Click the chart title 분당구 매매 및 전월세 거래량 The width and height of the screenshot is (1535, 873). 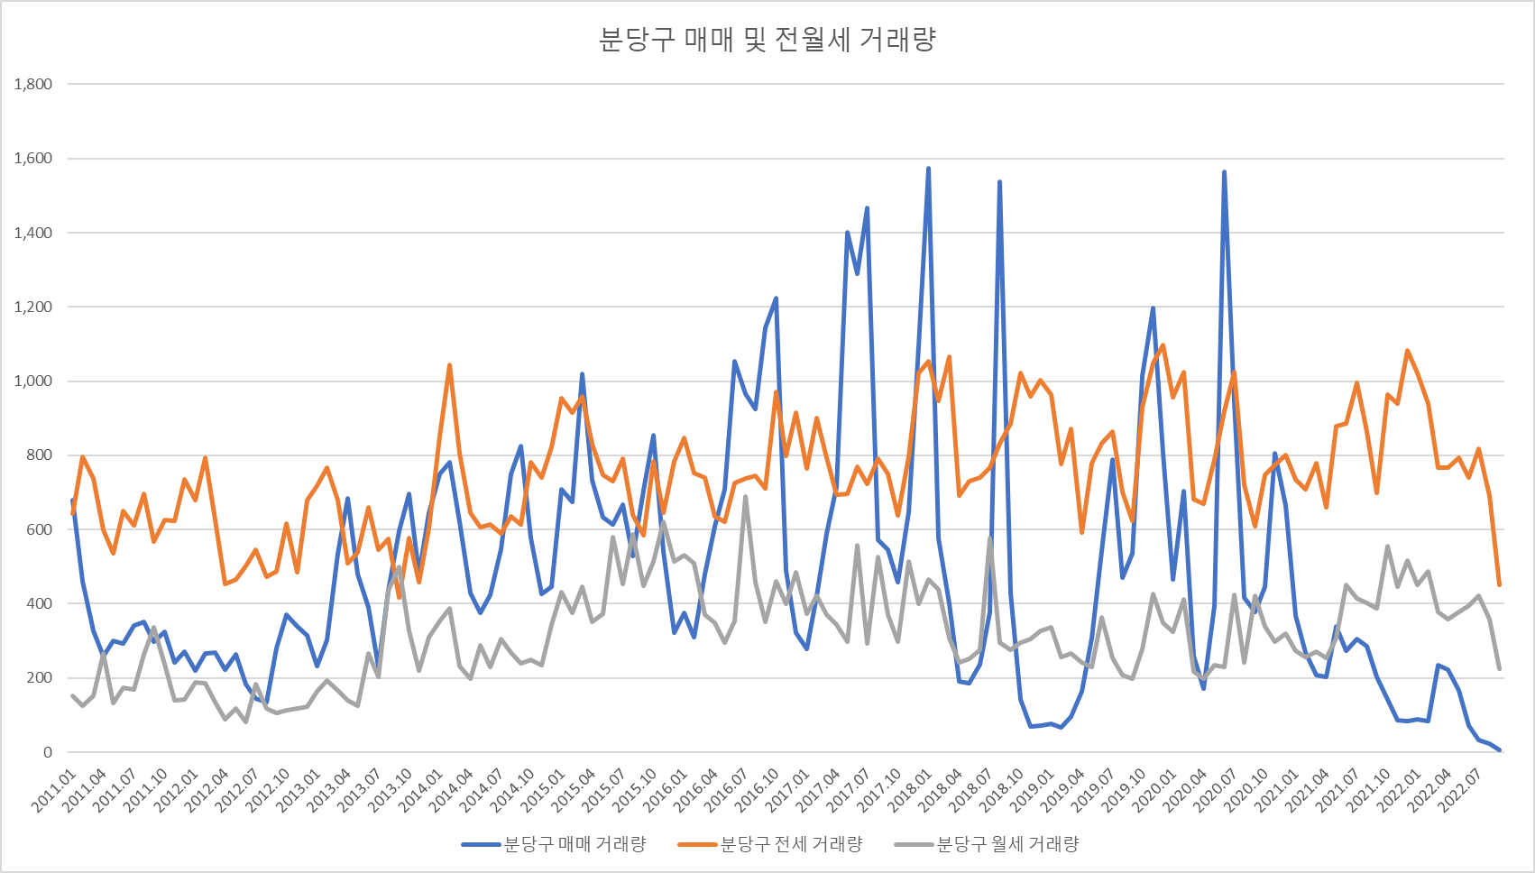click(x=767, y=40)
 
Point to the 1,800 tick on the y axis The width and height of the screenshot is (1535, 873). click(x=33, y=84)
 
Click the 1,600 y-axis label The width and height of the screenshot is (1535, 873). click(x=33, y=159)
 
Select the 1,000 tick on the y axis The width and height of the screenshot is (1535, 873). click(x=33, y=381)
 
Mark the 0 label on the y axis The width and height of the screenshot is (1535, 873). click(x=48, y=752)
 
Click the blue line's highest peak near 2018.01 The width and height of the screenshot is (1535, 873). click(x=928, y=169)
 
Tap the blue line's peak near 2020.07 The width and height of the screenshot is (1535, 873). click(x=1224, y=172)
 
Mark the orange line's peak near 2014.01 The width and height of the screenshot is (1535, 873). click(x=449, y=365)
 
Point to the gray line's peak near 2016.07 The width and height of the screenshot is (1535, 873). click(x=745, y=497)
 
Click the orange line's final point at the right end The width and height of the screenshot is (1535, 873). click(x=1499, y=585)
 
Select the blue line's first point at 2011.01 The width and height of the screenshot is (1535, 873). click(x=72, y=501)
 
